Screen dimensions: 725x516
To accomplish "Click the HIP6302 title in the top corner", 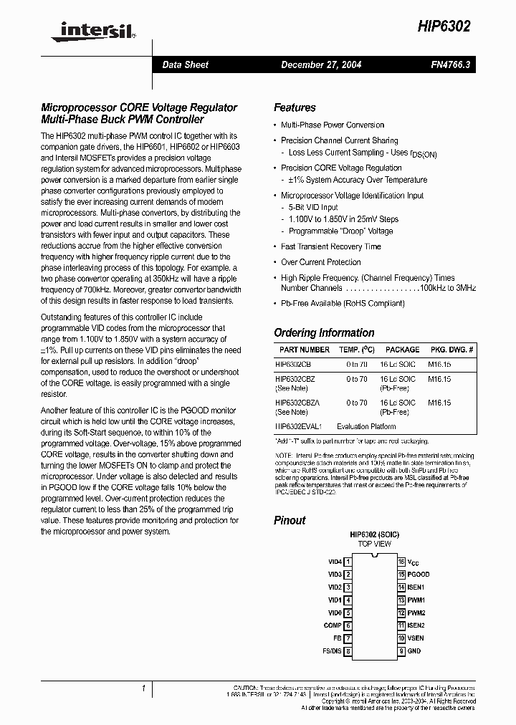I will click(444, 26).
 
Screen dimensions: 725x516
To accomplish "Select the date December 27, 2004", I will click(320, 64).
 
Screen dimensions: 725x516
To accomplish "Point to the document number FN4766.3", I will click(449, 64).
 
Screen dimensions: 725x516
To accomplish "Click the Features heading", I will click(295, 107).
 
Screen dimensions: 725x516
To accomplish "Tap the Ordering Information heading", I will click(324, 332).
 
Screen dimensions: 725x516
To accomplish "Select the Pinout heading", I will click(290, 520).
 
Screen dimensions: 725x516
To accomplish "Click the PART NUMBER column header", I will click(305, 350).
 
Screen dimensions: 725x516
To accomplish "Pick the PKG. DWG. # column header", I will click(451, 350).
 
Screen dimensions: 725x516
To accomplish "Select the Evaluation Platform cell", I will click(367, 426).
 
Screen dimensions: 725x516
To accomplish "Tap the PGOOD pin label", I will click(419, 574).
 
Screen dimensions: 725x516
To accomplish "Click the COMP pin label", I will click(332, 625).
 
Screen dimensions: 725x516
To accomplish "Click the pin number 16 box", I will click(401, 562).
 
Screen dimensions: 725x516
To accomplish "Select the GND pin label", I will click(415, 651).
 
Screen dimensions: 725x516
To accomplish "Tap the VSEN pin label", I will click(416, 638).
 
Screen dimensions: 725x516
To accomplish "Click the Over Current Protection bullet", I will click(320, 262).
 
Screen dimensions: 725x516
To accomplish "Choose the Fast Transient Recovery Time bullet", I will click(330, 246).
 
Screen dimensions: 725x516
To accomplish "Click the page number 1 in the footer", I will click(144, 688).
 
